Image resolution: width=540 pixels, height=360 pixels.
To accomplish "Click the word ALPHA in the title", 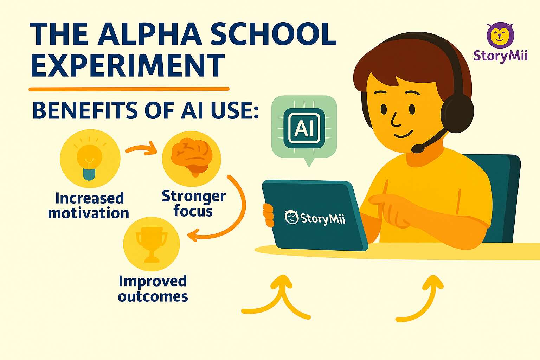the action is (x=149, y=34).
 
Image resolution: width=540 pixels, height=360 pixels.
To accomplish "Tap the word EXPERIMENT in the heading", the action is (x=128, y=65).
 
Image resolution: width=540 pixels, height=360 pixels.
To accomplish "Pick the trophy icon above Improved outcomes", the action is (x=152, y=244).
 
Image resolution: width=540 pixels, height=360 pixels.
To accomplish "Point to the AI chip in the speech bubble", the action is (x=304, y=128).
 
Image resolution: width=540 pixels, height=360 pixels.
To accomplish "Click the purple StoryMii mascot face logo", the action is (x=500, y=36).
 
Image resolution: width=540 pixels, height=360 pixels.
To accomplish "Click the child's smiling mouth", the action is (x=403, y=134).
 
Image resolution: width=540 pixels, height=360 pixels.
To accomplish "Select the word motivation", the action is (x=89, y=213).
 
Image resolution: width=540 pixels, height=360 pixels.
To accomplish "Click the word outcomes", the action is (x=153, y=296).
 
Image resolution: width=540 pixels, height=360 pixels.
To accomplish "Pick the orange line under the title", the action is (x=129, y=89).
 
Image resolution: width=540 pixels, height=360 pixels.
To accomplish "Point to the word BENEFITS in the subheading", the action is (x=85, y=110).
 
